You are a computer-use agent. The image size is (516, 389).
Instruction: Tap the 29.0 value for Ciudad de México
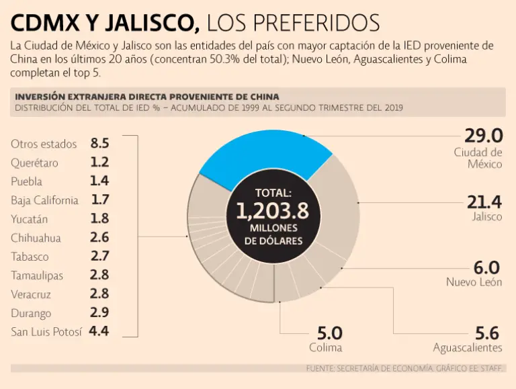point(483,136)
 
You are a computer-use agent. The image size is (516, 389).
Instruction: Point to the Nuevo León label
point(474,282)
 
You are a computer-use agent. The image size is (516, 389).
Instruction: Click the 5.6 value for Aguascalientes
point(488,333)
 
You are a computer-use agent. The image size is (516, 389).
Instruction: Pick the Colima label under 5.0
point(326,347)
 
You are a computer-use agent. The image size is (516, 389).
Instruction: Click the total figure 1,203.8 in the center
point(272,212)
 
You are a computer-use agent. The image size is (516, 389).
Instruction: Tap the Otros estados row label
point(44,144)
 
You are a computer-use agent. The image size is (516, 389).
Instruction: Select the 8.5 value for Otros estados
point(99,143)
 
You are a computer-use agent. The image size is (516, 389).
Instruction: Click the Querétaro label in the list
point(34,163)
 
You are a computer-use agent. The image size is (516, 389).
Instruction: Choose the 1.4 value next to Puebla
point(99,181)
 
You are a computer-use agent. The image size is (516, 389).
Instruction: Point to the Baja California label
point(44,200)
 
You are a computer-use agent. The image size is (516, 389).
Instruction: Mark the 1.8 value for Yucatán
point(99,218)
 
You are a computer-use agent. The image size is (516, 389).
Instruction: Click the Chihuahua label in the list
point(36,238)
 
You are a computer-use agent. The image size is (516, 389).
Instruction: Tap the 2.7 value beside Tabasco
point(99,256)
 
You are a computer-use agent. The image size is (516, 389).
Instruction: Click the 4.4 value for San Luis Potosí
point(99,331)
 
